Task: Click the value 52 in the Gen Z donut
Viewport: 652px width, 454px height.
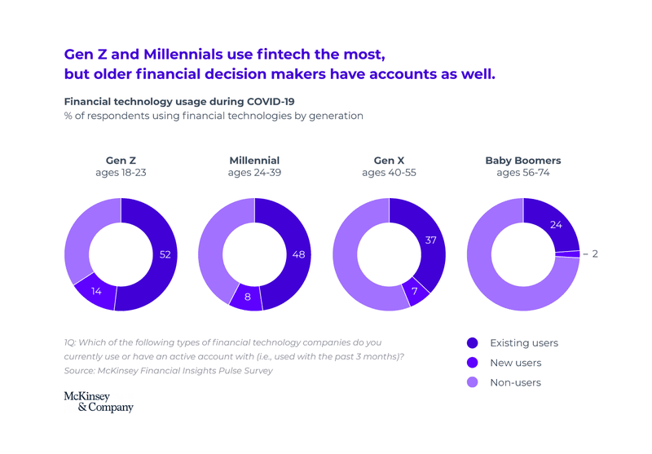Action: tap(165, 254)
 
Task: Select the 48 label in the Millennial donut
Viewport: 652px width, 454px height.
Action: tap(299, 254)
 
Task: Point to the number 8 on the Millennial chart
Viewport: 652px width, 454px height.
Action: tap(248, 297)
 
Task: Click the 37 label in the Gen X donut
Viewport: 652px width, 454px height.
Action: tap(431, 240)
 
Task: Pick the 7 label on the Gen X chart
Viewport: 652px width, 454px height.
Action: tap(414, 291)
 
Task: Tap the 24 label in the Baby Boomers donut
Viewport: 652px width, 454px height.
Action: tap(557, 224)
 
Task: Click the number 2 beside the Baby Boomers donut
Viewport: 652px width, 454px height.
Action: tap(595, 254)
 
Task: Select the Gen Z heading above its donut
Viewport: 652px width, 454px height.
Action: tap(121, 161)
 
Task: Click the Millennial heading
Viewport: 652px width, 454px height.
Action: tap(254, 161)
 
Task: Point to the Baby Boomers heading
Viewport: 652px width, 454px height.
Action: tap(523, 161)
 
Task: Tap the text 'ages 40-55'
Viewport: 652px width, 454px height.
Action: tap(389, 173)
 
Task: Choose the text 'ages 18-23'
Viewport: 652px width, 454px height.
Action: tap(121, 173)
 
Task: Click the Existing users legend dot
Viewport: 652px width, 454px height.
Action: tap(472, 343)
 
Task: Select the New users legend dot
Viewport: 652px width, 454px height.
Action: tap(472, 363)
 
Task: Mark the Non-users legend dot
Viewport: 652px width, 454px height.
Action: tap(472, 382)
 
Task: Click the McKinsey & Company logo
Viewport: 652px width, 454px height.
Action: tap(98, 402)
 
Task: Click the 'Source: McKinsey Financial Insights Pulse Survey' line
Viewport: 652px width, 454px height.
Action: tap(168, 371)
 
